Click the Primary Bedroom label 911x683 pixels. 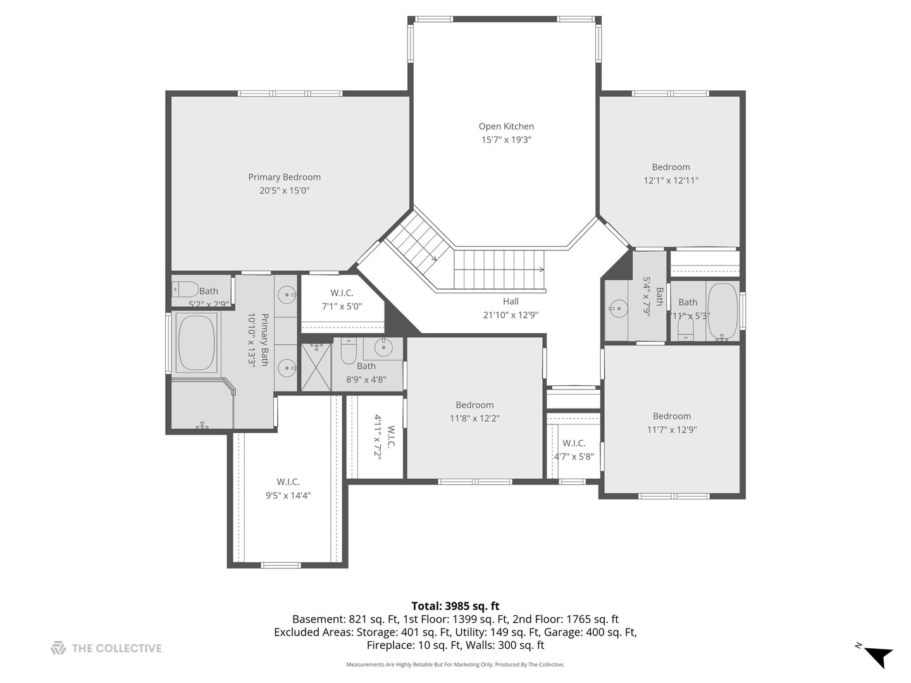point(284,177)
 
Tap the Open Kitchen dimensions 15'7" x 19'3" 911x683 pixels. point(506,140)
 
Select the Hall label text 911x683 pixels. point(511,302)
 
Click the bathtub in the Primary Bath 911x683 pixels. point(196,343)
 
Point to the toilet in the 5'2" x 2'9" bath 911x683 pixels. point(185,289)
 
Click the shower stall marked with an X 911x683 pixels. point(316,367)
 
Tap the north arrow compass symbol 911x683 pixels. point(877,656)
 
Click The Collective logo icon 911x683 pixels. point(58,648)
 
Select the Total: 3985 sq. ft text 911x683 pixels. point(455,606)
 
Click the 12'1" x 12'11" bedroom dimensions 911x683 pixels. point(671,180)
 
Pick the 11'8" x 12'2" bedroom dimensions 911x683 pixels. point(474,418)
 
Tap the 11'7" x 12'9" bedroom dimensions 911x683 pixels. point(672,429)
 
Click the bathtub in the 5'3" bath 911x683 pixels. point(722,311)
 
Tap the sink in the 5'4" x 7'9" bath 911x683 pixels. point(617,309)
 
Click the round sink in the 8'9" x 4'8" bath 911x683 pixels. point(383,347)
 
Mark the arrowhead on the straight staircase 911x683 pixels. point(542,269)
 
